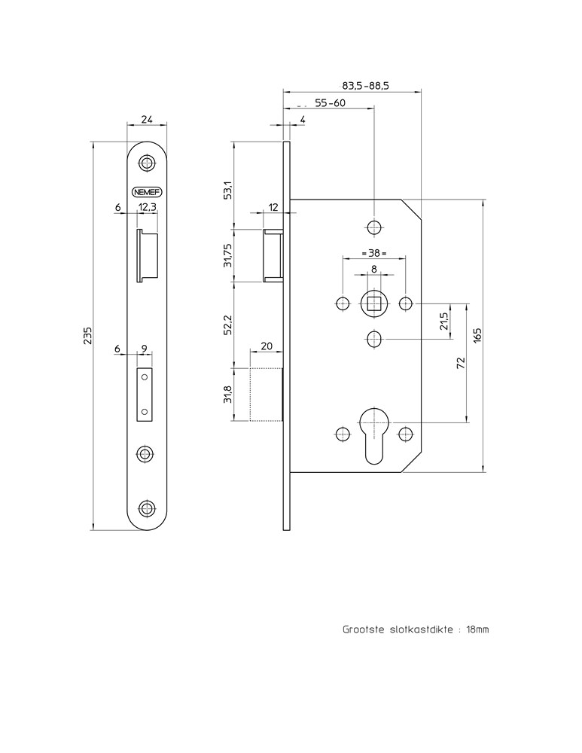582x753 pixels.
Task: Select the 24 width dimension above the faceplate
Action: point(147,119)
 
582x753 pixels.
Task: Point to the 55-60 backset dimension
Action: point(330,103)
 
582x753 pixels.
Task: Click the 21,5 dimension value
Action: point(444,322)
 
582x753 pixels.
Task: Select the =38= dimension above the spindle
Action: point(373,254)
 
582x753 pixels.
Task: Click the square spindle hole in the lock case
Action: point(373,303)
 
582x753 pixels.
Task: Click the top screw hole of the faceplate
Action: point(147,163)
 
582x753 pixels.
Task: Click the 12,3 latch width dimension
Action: point(148,207)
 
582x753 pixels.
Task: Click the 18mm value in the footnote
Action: point(477,630)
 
